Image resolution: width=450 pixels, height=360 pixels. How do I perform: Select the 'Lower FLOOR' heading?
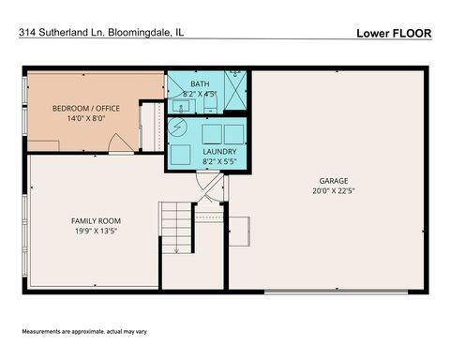[x=393, y=33]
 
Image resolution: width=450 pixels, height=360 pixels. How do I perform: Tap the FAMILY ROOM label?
[x=96, y=220]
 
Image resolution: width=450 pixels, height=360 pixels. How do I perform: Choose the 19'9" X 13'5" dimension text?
[x=96, y=231]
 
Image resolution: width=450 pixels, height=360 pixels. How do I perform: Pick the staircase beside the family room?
[x=174, y=227]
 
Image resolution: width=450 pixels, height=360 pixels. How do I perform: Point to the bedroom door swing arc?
[x=118, y=143]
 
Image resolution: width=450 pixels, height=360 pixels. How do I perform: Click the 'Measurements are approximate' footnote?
[x=86, y=334]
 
